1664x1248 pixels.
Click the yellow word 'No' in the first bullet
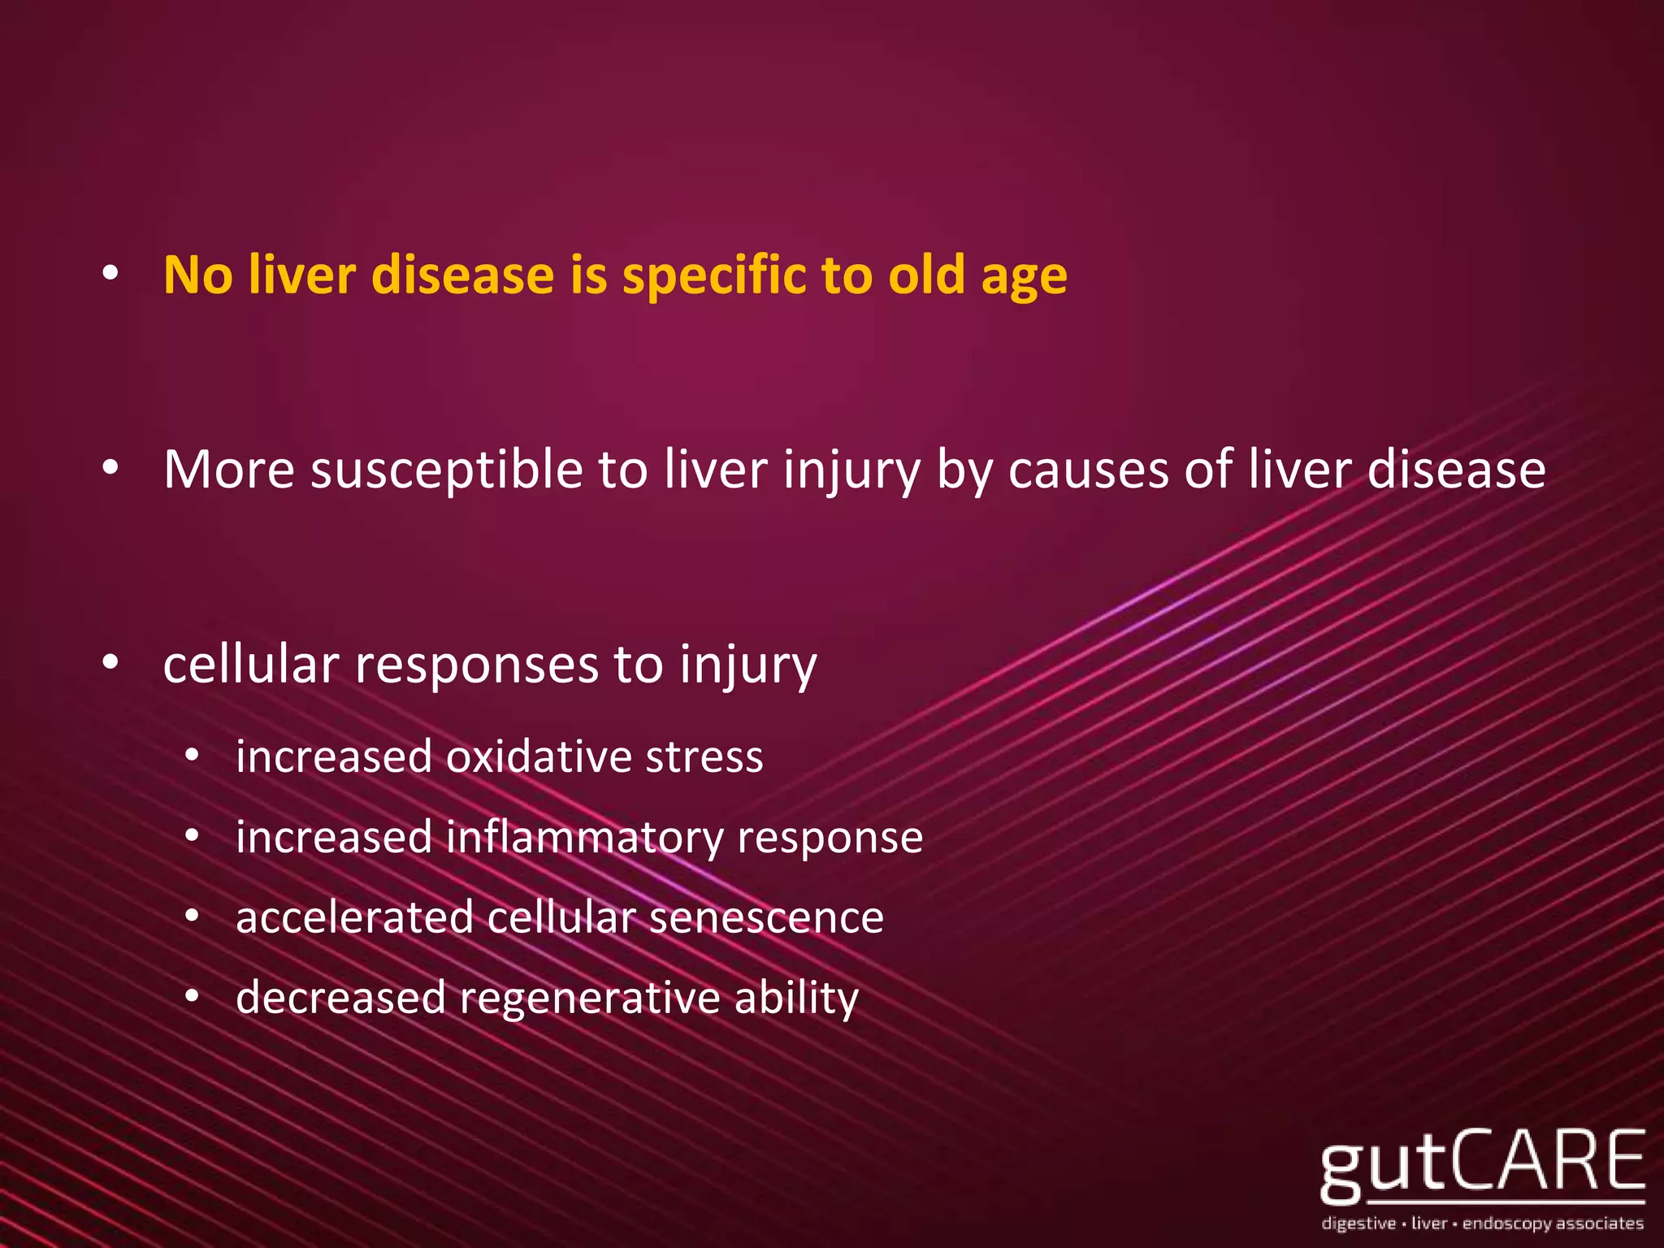tap(198, 275)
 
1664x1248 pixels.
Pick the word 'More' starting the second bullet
tap(228, 470)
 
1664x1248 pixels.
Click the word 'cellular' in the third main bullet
tap(250, 664)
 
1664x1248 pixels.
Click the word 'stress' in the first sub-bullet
tap(704, 756)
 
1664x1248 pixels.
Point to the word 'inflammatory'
tap(584, 838)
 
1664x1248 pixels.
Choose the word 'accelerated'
tap(354, 917)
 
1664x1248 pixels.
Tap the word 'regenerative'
tap(590, 999)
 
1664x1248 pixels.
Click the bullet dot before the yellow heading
tap(111, 275)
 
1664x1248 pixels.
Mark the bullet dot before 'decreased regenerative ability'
tap(192, 997)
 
